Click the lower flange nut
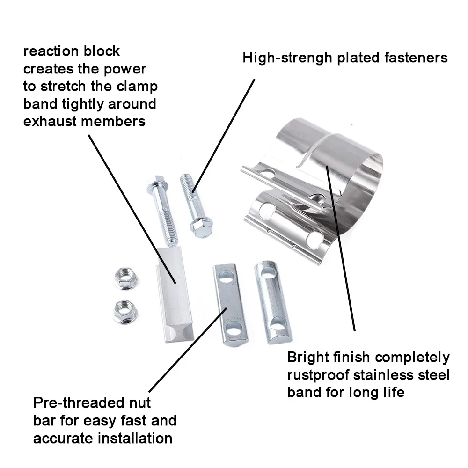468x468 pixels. [x=124, y=309]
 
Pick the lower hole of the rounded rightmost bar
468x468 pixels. [x=278, y=323]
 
